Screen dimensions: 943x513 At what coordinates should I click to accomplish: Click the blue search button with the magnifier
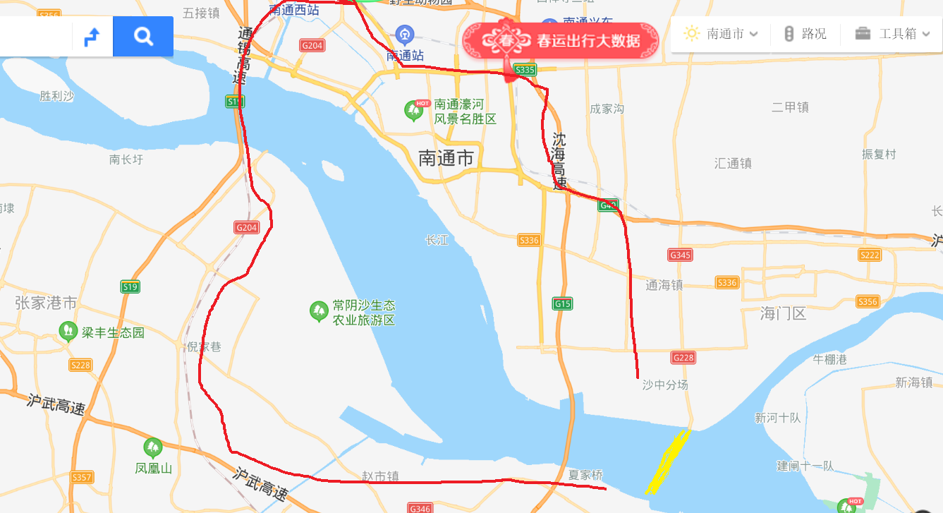(x=143, y=36)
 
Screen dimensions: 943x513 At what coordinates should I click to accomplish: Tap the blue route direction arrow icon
(x=92, y=36)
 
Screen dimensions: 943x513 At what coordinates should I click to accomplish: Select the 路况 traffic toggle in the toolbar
(x=805, y=34)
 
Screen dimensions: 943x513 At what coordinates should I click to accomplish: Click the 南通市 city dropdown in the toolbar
(x=722, y=34)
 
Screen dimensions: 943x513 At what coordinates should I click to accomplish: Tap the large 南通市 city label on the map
(x=446, y=158)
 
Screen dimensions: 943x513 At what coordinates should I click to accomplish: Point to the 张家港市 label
(x=46, y=303)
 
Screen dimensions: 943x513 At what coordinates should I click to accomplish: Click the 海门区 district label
(x=783, y=313)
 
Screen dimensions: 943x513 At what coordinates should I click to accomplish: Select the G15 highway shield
(x=562, y=304)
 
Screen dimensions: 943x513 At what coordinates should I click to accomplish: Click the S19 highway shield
(x=130, y=286)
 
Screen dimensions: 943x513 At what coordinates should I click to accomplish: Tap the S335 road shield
(x=525, y=69)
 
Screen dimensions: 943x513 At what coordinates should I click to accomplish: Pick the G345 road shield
(x=681, y=255)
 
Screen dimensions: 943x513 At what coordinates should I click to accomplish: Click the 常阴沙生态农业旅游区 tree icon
(x=320, y=310)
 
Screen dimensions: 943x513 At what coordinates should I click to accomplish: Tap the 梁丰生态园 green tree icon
(x=68, y=330)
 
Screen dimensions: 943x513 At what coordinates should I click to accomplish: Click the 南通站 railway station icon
(x=404, y=33)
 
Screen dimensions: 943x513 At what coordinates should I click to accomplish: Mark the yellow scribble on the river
(x=668, y=461)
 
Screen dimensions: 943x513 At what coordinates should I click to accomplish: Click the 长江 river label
(x=437, y=241)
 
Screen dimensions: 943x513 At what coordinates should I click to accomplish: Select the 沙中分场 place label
(x=664, y=385)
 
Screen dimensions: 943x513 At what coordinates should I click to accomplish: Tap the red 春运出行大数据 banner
(x=561, y=40)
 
